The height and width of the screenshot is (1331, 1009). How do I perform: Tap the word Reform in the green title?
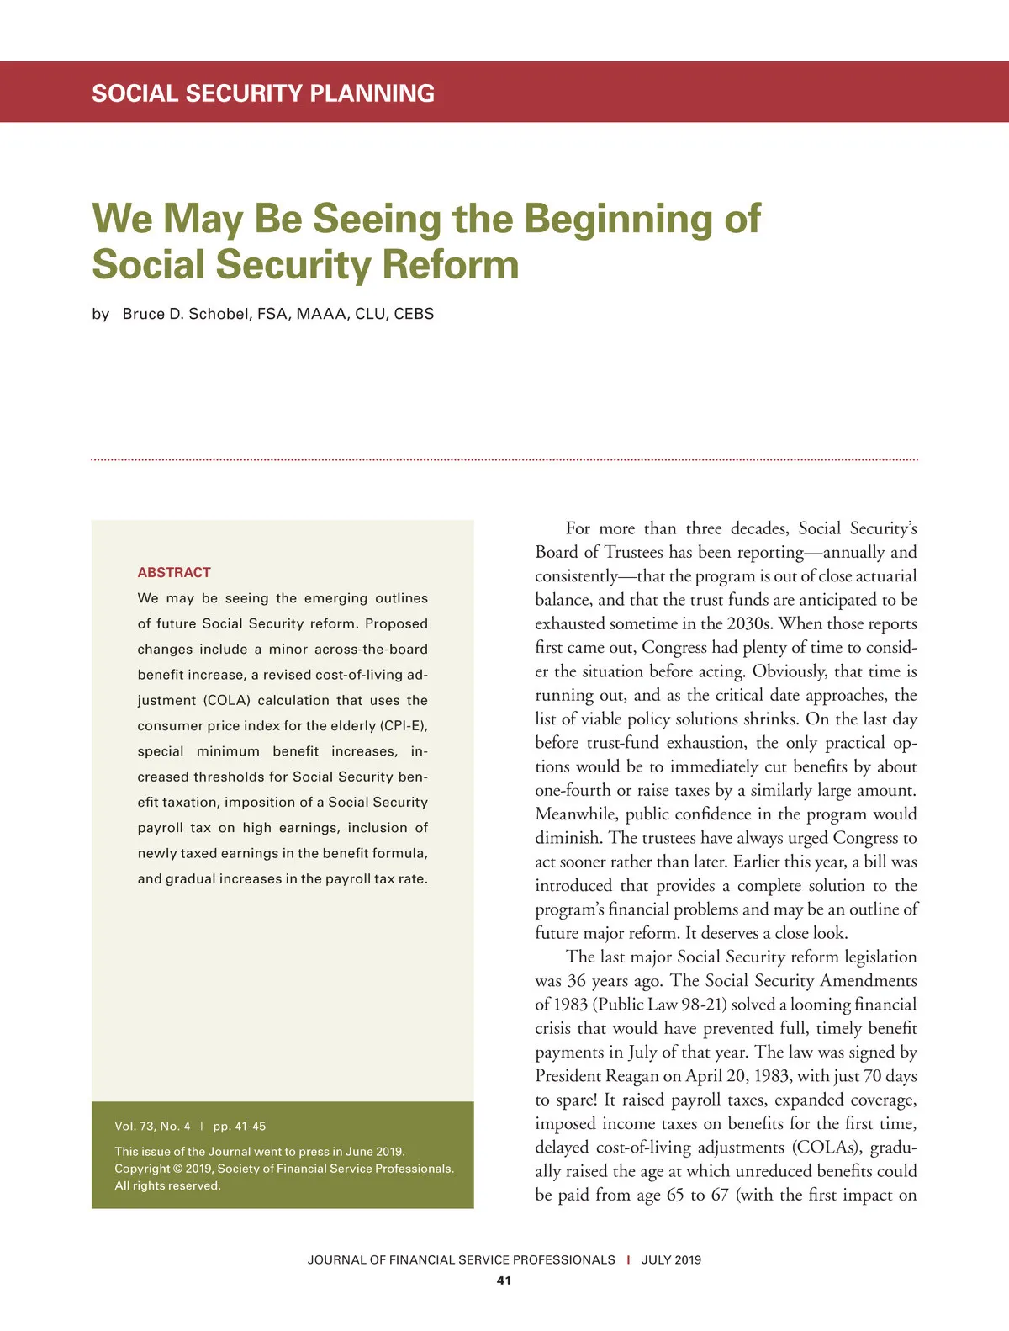[450, 264]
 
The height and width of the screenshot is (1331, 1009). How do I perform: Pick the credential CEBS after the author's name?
[414, 314]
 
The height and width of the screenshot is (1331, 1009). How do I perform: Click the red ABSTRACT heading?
[174, 572]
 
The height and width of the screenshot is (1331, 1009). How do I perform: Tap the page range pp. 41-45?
[240, 1126]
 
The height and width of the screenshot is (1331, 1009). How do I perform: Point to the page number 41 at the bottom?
[504, 1281]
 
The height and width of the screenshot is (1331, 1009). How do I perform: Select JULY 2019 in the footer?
[671, 1259]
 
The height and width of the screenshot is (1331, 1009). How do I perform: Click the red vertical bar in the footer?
[628, 1259]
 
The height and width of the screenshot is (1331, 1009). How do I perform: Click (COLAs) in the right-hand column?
[826, 1148]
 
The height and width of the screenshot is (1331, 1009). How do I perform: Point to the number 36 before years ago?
[577, 981]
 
